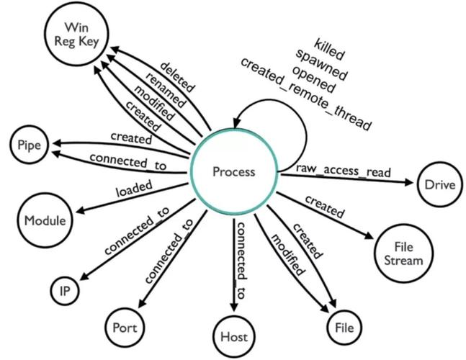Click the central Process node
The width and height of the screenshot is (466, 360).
coord(233,171)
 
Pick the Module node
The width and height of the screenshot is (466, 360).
coord(45,219)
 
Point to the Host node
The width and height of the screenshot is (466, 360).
coord(233,336)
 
